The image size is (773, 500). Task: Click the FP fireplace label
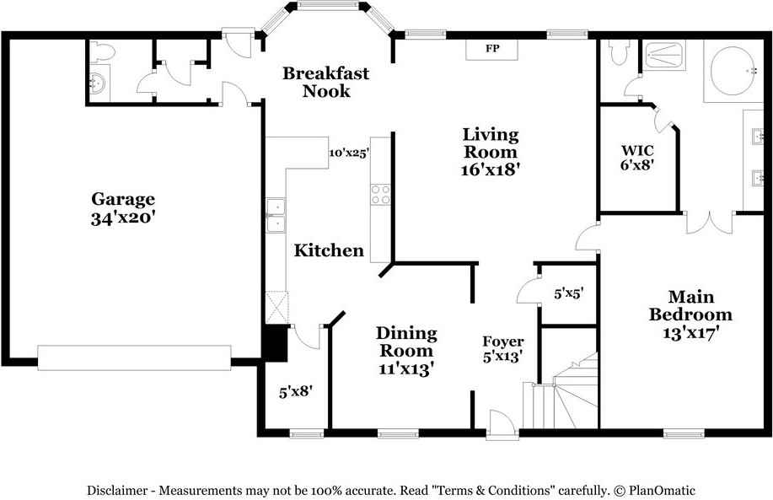[x=492, y=48]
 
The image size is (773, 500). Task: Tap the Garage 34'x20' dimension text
[x=123, y=218]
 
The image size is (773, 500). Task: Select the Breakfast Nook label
[x=325, y=82]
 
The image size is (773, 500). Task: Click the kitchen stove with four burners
[x=380, y=194]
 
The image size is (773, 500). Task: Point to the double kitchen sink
[x=276, y=215]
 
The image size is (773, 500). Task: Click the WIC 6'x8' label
[x=637, y=158]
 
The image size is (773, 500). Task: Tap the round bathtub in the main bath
[x=733, y=71]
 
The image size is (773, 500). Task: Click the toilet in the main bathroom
[x=620, y=51]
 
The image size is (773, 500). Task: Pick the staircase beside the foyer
[x=566, y=395]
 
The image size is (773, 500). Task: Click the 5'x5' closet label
[x=569, y=293]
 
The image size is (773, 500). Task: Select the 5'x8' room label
[x=296, y=392]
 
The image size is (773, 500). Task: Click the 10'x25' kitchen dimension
[x=349, y=153]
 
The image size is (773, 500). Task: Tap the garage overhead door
[x=135, y=358]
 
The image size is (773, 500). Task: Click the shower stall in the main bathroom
[x=665, y=55]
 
